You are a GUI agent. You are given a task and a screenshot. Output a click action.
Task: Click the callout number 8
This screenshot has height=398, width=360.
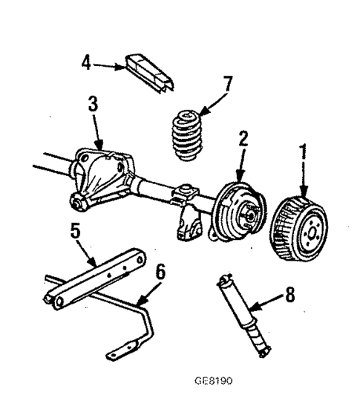coord(291,294)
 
